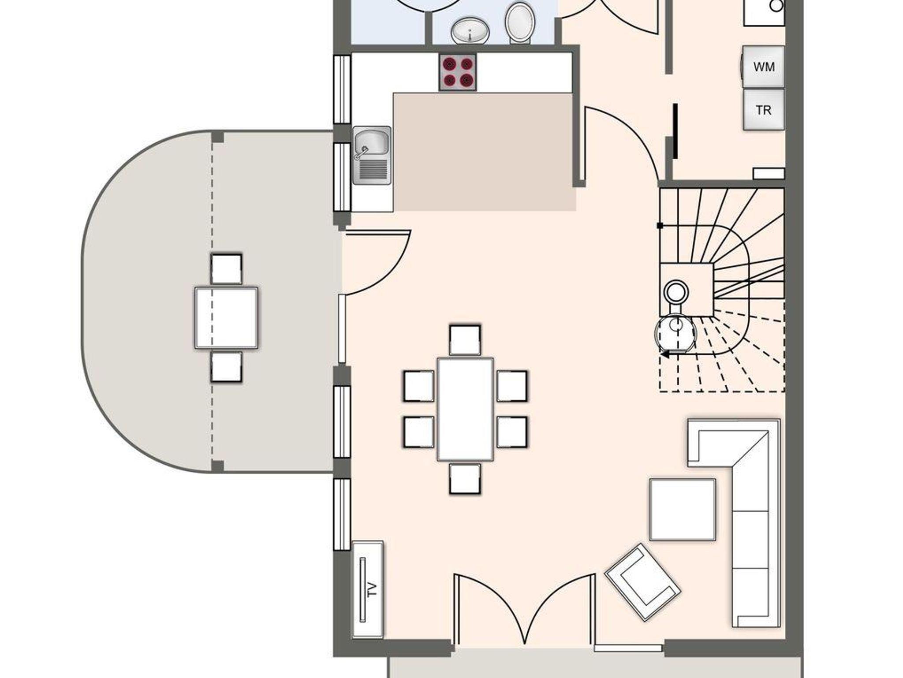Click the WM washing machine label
(x=764, y=67)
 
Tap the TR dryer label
(x=764, y=110)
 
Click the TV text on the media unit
(x=373, y=589)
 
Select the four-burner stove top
(x=458, y=72)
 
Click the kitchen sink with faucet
(x=372, y=155)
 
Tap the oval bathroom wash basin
(x=470, y=31)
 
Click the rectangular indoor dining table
(x=465, y=410)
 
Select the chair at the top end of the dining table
(x=465, y=340)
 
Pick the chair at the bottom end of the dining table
(x=465, y=479)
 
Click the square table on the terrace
(x=226, y=318)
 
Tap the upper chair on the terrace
(x=226, y=269)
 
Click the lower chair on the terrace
(x=226, y=367)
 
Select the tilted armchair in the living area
(x=642, y=582)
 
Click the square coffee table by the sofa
(x=683, y=510)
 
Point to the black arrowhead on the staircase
(x=664, y=354)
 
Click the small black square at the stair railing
(x=660, y=226)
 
